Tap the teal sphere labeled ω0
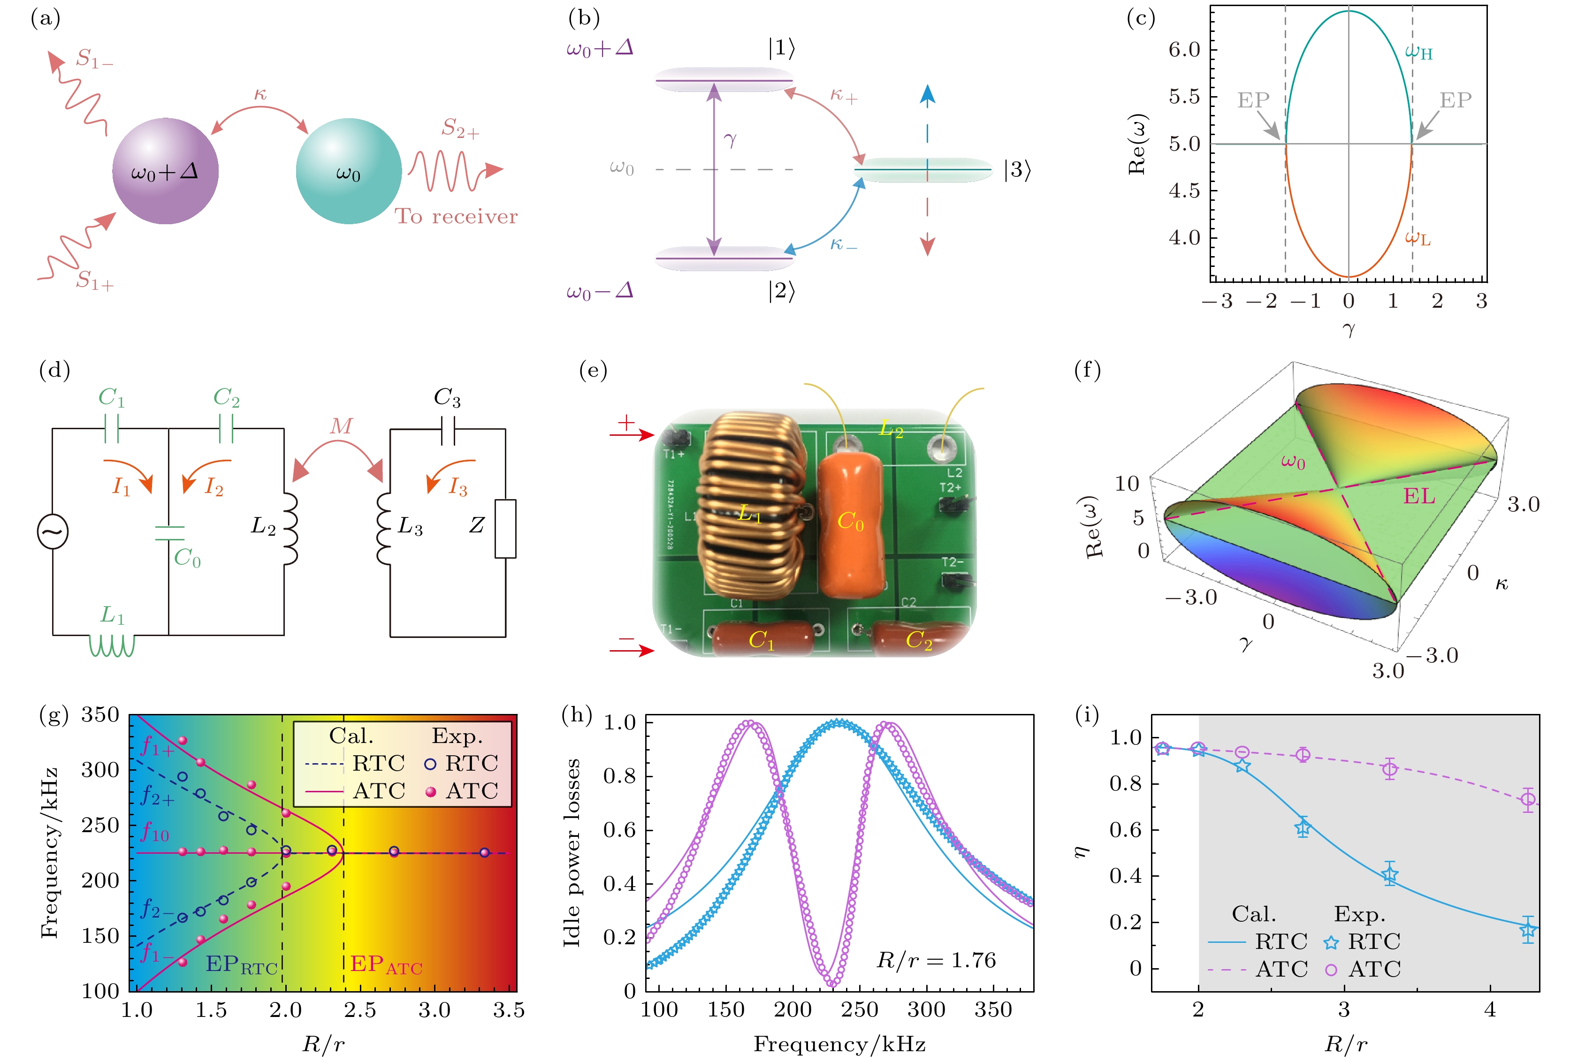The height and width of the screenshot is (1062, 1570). pyautogui.click(x=349, y=171)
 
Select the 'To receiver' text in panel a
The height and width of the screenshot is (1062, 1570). pyautogui.click(x=456, y=217)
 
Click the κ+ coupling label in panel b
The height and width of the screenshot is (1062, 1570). pyautogui.click(x=844, y=96)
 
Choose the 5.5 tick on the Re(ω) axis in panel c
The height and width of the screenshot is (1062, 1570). pyautogui.click(x=1184, y=97)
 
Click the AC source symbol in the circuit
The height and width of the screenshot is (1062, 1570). pyautogui.click(x=53, y=531)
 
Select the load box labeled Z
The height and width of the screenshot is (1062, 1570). pyautogui.click(x=505, y=528)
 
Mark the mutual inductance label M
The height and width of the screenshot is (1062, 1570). pyautogui.click(x=341, y=426)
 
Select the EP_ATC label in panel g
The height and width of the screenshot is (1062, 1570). pyautogui.click(x=386, y=965)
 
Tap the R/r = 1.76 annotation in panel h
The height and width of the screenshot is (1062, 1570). pyautogui.click(x=936, y=960)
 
